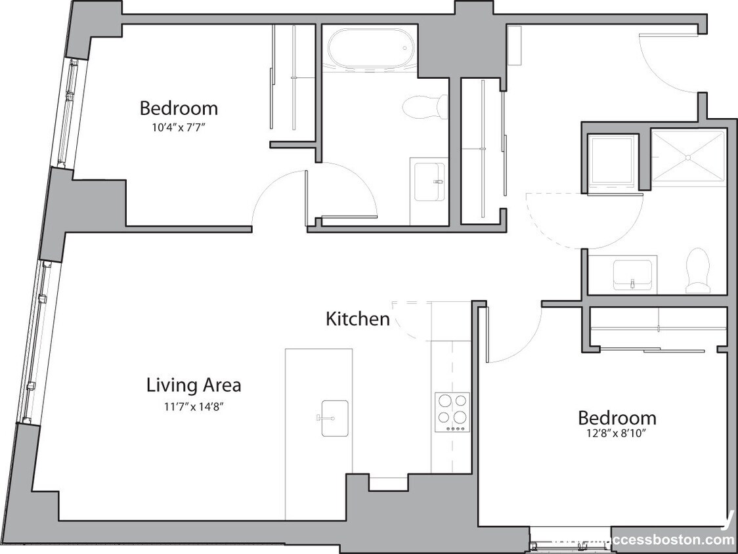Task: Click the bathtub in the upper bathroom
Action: (370, 48)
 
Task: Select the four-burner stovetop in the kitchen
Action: (452, 411)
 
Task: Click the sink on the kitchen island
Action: (334, 417)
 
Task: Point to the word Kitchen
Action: (358, 319)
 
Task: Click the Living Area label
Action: (193, 385)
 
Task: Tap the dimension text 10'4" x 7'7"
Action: (179, 128)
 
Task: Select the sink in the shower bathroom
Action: (632, 274)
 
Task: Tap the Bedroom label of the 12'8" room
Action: (617, 417)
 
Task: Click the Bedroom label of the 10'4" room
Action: (179, 108)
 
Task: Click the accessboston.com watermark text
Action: (657, 540)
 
